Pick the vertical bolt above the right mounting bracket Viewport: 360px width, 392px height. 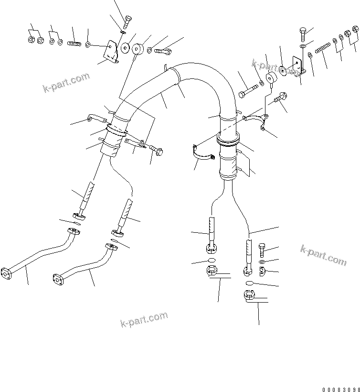pyautogui.click(x=304, y=34)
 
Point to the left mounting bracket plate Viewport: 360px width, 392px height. pyautogui.click(x=112, y=50)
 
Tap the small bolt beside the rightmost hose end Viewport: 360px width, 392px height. pyautogui.click(x=263, y=250)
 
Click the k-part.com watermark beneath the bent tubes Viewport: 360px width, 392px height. pyautogui.click(x=144, y=318)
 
